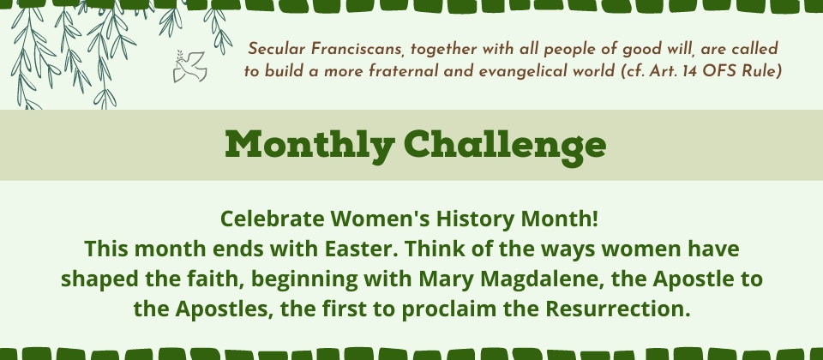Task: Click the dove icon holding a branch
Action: point(189,66)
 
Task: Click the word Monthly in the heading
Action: point(309,145)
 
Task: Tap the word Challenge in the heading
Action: point(505,145)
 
